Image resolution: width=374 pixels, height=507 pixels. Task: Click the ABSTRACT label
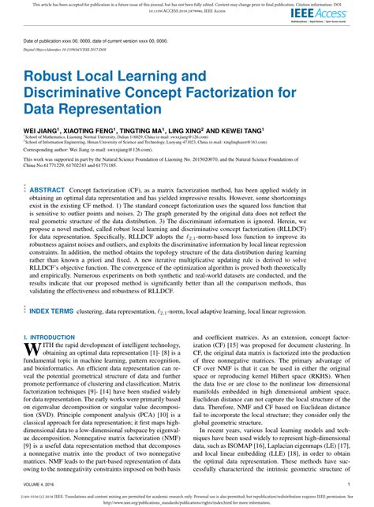coord(47,191)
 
